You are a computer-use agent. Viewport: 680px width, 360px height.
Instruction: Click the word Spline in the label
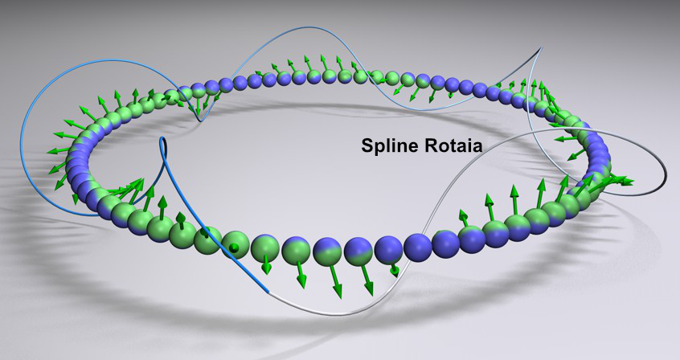(390, 146)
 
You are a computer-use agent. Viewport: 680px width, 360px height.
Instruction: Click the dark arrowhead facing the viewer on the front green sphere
(234, 247)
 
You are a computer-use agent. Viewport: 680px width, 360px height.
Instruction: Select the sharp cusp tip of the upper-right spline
(542, 47)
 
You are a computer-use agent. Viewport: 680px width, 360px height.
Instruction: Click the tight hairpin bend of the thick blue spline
(163, 140)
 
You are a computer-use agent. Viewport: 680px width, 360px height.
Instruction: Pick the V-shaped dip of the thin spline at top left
(199, 121)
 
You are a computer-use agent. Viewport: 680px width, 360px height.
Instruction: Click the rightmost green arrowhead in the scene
(628, 181)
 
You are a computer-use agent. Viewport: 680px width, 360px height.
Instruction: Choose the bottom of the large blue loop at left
(89, 215)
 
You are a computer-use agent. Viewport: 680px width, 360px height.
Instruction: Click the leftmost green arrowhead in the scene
(51, 151)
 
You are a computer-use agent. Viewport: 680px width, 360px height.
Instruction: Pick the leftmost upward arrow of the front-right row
(464, 218)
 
